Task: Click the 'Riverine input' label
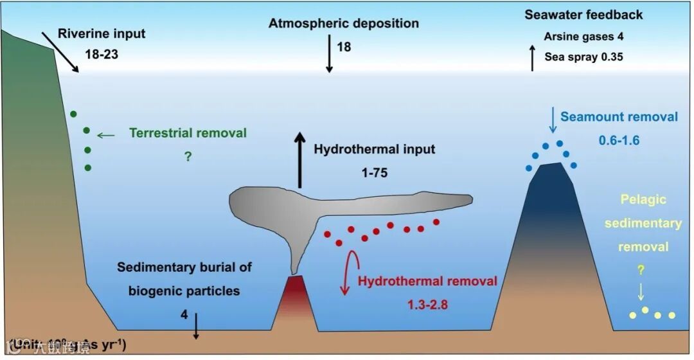click(x=102, y=33)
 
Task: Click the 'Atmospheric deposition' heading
click(x=343, y=24)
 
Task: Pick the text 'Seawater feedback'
click(x=583, y=15)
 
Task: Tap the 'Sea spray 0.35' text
click(x=583, y=57)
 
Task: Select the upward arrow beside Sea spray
click(x=532, y=59)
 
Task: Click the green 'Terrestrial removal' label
click(x=188, y=133)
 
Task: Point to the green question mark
click(x=188, y=156)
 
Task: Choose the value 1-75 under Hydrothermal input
click(x=375, y=172)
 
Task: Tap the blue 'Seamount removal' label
click(x=619, y=117)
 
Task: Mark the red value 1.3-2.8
click(x=427, y=303)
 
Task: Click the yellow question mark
click(x=640, y=271)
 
